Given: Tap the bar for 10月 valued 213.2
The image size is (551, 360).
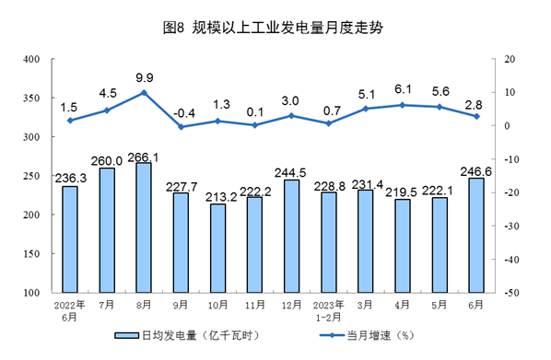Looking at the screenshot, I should pos(218,248).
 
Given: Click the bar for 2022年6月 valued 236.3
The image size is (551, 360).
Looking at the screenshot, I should pos(70,239).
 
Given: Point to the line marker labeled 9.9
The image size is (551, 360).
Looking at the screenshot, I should pos(145,92).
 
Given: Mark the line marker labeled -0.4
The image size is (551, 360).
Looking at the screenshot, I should pos(182,126).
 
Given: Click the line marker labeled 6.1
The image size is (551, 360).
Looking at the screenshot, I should pos(402,105).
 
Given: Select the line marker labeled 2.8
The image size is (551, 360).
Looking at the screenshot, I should pos(475,116).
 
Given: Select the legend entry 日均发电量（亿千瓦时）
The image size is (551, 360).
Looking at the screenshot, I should pos(190,335).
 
